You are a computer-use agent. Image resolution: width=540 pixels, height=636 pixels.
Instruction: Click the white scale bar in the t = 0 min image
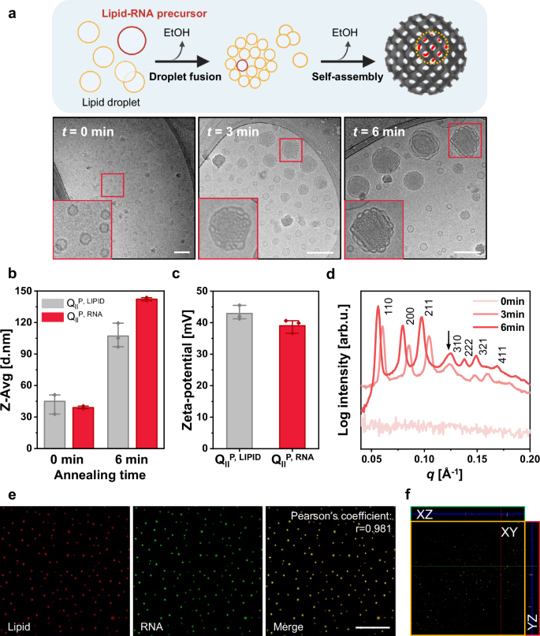178,252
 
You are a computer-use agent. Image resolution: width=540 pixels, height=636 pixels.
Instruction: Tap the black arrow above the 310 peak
449,340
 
